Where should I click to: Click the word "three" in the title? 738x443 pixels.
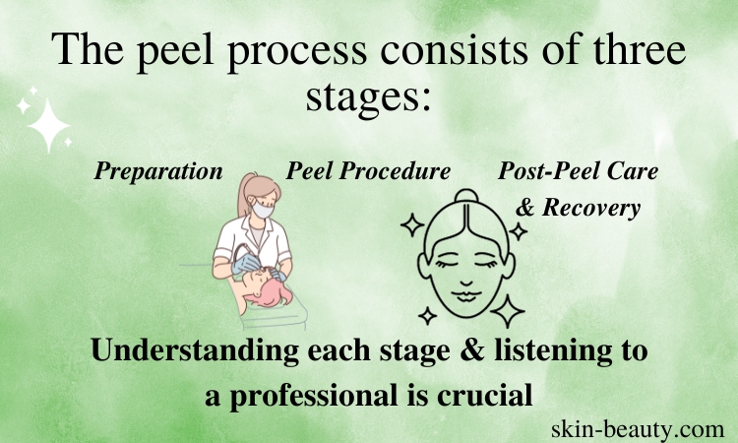639,49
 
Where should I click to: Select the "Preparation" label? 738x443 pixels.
158,171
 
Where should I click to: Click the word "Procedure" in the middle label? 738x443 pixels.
395,170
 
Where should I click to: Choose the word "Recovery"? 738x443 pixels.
591,208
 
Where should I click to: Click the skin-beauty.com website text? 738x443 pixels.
638,429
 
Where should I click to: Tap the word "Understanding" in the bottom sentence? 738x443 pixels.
196,350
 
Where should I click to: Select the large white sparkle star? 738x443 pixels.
48,125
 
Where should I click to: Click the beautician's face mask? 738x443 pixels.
262,209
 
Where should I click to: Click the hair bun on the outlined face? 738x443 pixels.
466,196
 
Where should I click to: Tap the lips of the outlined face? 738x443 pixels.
465,296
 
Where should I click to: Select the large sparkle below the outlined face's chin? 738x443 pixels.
508,311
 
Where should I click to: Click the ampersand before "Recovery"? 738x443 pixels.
525,207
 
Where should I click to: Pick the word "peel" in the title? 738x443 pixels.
175,51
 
